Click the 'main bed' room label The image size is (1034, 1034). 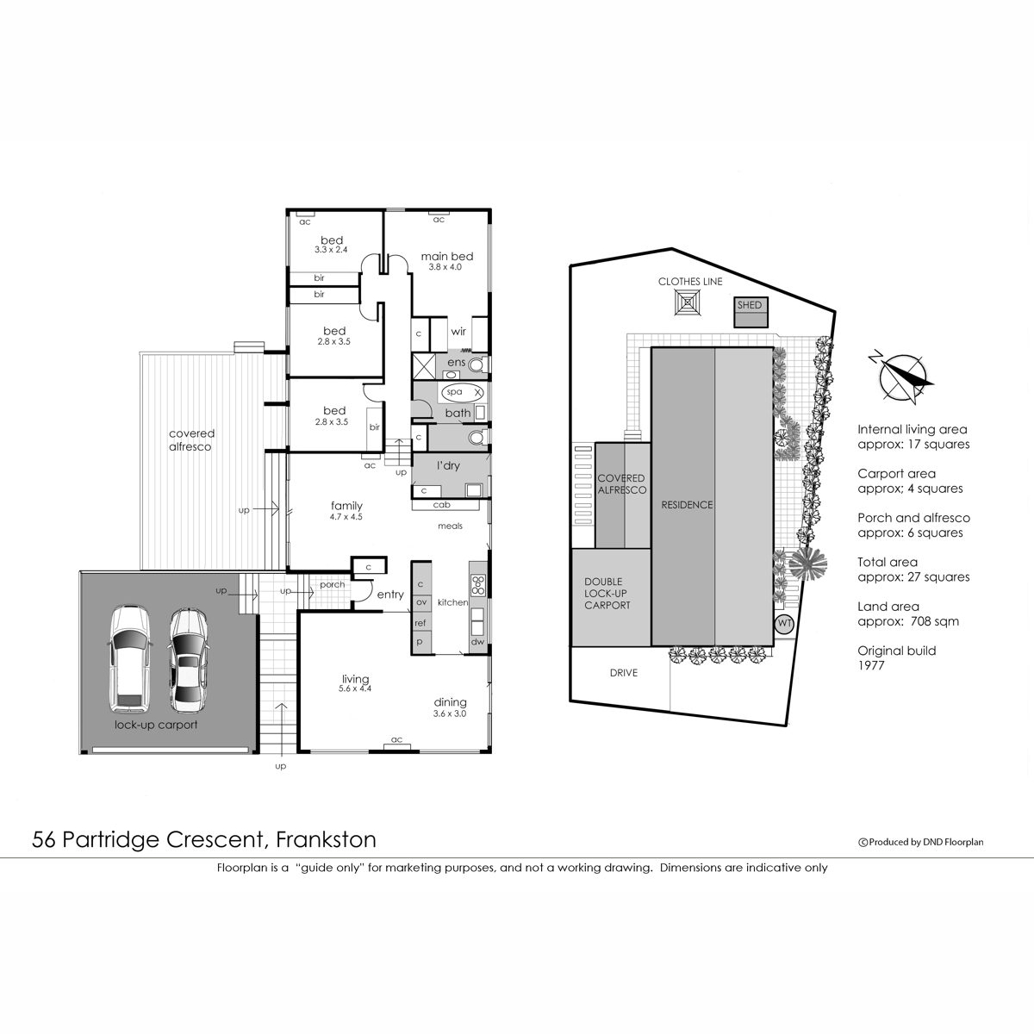pyautogui.click(x=446, y=256)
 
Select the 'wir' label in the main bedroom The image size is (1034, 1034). pyautogui.click(x=458, y=332)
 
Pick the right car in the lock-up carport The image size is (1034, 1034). pyautogui.click(x=187, y=660)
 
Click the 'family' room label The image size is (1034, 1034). pyautogui.click(x=346, y=506)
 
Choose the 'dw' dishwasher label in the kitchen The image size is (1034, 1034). pyautogui.click(x=477, y=641)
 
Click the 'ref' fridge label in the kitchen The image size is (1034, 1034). pyautogui.click(x=420, y=622)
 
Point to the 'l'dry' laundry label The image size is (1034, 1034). pyautogui.click(x=448, y=465)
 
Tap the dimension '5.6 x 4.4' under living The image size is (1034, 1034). pyautogui.click(x=355, y=689)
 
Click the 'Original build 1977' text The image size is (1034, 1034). pyautogui.click(x=896, y=658)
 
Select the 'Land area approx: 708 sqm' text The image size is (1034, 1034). pyautogui.click(x=907, y=614)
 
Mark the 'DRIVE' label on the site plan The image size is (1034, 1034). pyautogui.click(x=623, y=672)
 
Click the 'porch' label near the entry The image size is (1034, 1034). pyautogui.click(x=332, y=584)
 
